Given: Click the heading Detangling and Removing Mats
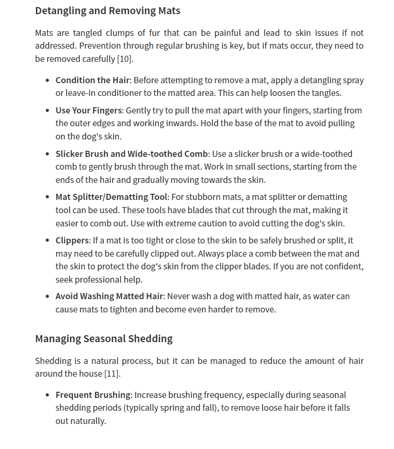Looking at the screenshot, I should (107, 10).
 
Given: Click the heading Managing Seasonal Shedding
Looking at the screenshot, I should (104, 338).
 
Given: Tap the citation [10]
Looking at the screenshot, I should (125, 59).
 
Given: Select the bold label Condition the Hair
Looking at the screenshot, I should (93, 80).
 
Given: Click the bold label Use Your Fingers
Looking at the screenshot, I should (89, 110).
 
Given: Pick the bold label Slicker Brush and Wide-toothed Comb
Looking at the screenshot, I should (131, 154).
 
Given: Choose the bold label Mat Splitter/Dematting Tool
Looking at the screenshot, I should (111, 197).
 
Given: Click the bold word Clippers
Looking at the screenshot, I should (72, 240).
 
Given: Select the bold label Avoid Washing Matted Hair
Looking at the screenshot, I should (109, 296).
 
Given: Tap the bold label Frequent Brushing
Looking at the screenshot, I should (93, 395).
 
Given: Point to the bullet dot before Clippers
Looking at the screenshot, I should (47, 241).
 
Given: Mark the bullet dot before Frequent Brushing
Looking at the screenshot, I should (47, 395).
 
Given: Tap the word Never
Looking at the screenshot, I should (179, 296).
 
